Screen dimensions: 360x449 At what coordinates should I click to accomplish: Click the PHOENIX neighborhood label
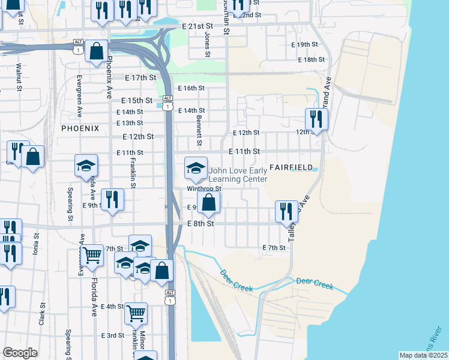[79, 128]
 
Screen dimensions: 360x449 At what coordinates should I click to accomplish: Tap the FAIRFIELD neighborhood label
[292, 167]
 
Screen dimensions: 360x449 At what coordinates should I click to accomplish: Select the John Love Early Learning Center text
[238, 175]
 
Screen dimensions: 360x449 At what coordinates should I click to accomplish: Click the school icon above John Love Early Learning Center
[196, 169]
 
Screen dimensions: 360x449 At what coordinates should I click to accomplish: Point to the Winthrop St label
[204, 188]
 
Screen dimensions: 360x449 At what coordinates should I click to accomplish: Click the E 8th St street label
[200, 224]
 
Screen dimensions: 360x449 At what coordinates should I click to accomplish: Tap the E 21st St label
[197, 26]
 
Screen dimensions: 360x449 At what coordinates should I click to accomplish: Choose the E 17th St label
[140, 78]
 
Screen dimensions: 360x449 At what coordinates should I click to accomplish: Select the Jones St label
[207, 45]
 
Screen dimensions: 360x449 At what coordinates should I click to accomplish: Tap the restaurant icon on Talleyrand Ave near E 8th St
[286, 211]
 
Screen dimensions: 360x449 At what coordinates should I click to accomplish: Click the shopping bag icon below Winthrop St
[208, 202]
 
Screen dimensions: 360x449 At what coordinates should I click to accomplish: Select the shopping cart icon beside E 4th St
[136, 313]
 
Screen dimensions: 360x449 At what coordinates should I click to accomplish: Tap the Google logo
[20, 353]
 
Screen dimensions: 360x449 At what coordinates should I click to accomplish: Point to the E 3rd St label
[112, 335]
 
